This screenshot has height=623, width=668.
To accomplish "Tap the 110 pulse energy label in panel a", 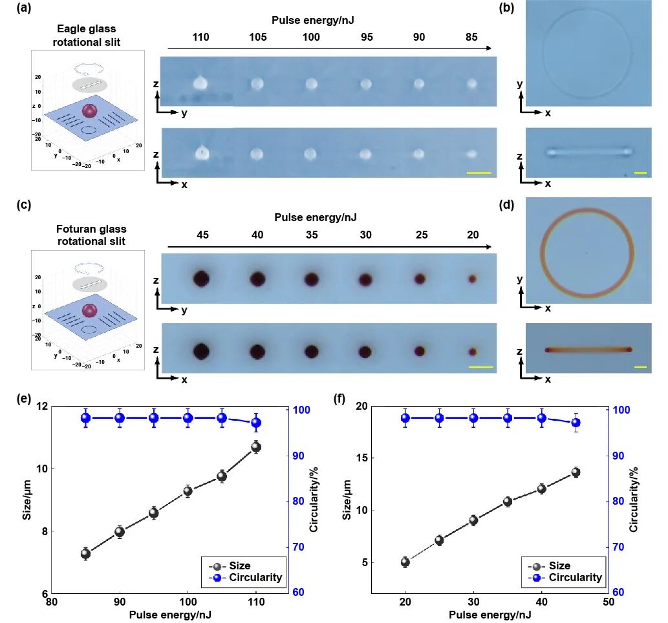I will [x=201, y=37].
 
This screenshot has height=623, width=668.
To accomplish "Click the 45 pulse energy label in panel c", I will [x=201, y=235].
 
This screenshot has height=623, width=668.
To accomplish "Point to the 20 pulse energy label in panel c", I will [x=473, y=235].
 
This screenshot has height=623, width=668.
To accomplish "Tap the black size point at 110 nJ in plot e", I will [x=256, y=447].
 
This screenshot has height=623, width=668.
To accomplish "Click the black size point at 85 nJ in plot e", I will [x=85, y=553].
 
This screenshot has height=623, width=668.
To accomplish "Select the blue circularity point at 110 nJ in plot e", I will [x=256, y=423].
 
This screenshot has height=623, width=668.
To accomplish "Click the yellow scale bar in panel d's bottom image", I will [x=640, y=367].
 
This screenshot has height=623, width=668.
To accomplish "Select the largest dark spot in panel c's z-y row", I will [x=201, y=279].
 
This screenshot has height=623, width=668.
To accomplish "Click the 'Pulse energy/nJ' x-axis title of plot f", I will [x=490, y=615].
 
